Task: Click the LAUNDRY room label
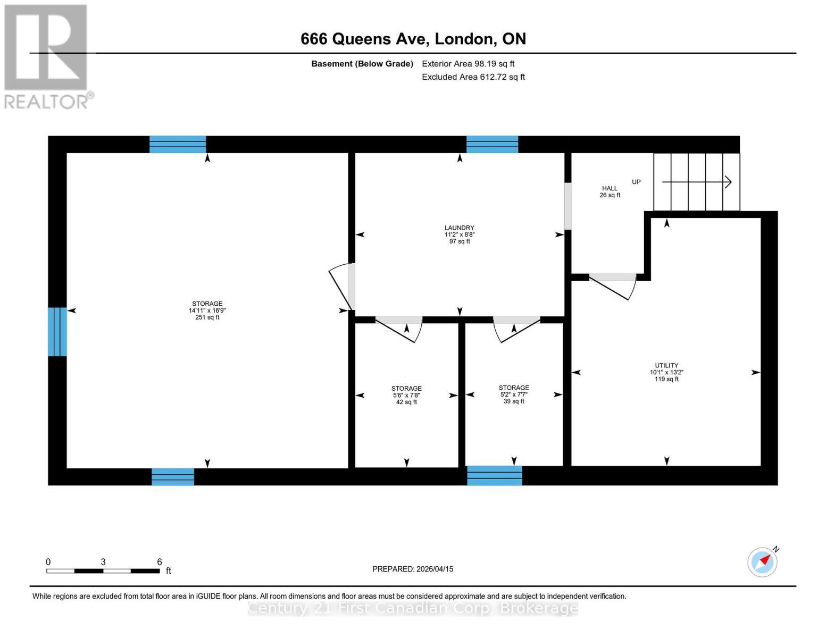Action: (x=459, y=228)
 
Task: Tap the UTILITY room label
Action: (x=666, y=366)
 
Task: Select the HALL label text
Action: (x=610, y=188)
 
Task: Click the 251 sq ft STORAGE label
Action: (x=207, y=304)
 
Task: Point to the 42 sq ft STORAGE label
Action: (x=406, y=388)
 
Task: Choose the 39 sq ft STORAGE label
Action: (x=514, y=388)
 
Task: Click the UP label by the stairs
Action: (x=636, y=182)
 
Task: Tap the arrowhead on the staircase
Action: (x=728, y=182)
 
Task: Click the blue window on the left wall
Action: (x=57, y=332)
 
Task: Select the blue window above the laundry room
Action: (x=492, y=145)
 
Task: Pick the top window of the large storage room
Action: (x=178, y=145)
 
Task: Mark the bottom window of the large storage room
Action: (x=173, y=476)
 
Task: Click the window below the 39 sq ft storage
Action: (x=494, y=475)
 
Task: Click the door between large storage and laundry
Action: (x=342, y=287)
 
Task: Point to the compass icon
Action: (x=762, y=562)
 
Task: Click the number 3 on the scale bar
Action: (x=103, y=561)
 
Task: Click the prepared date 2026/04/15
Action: (x=435, y=569)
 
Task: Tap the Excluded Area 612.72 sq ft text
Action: (x=473, y=77)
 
